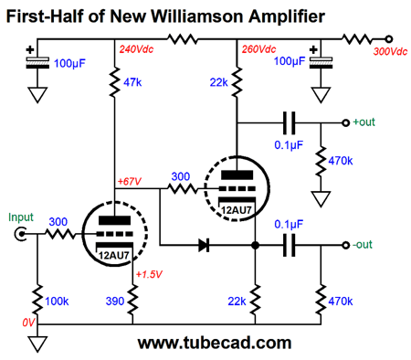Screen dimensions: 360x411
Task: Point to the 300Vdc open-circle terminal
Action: click(390, 38)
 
